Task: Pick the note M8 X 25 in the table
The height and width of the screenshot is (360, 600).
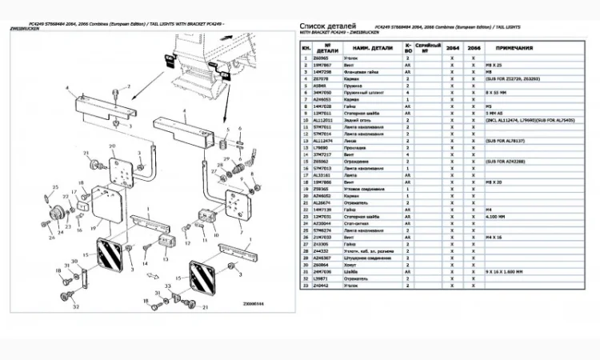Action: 491,66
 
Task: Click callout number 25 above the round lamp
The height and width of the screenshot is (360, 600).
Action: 56,187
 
